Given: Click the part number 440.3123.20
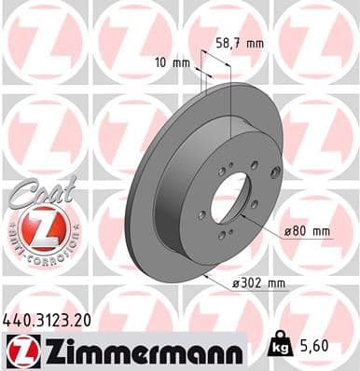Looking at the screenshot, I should [x=48, y=319].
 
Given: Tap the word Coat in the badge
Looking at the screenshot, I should [x=36, y=192].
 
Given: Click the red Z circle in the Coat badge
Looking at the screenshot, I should [x=36, y=227].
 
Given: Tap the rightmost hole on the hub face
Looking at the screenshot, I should [x=254, y=203].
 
